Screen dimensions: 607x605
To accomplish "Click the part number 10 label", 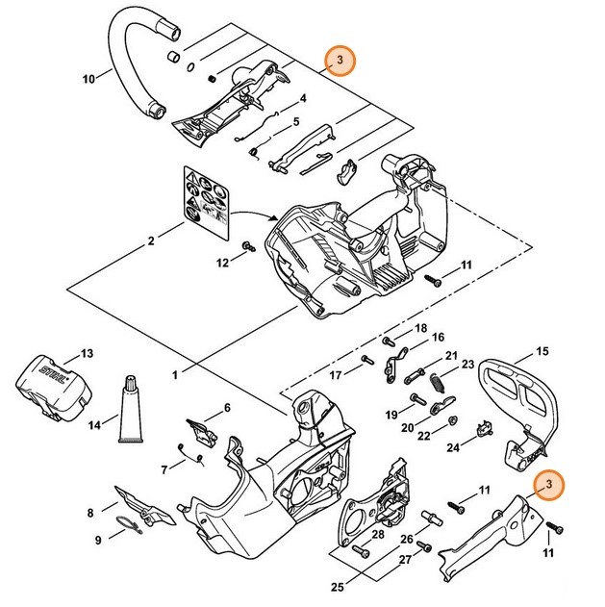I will coord(88,79).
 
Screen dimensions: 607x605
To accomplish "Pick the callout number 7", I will coord(164,469).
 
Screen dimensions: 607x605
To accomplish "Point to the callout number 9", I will coord(97,541).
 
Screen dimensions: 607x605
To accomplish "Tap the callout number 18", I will coord(420,329).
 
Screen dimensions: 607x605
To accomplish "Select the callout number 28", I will coord(378,534).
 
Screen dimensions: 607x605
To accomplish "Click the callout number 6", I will coord(227,408).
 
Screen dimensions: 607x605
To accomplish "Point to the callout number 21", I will coord(451,356).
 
